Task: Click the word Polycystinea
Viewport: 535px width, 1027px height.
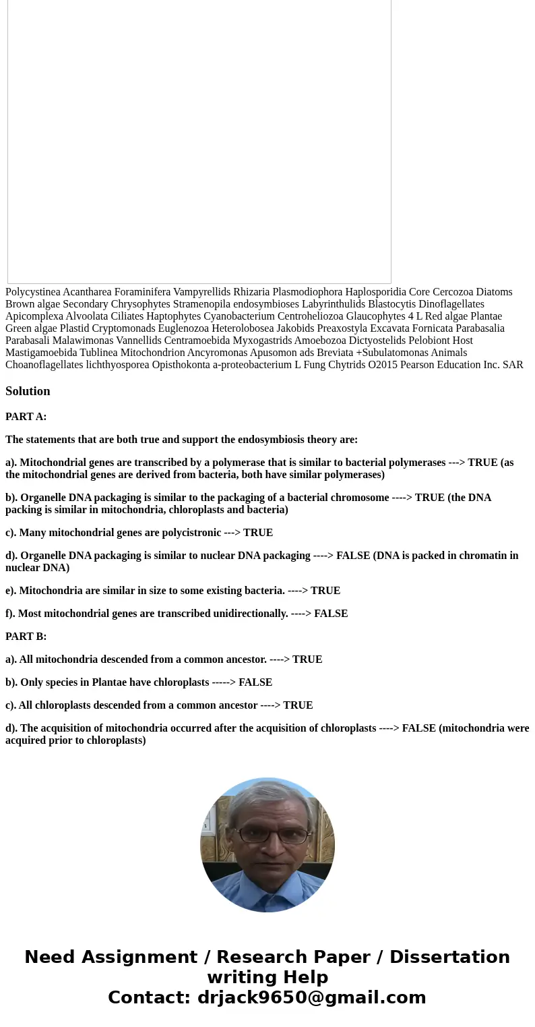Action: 32,292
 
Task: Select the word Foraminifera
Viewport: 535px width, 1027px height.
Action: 142,292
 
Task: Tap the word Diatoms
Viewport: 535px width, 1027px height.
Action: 494,292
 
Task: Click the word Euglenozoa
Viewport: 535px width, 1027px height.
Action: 183,328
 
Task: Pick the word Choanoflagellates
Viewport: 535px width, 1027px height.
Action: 44,365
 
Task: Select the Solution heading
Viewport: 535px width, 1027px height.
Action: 28,391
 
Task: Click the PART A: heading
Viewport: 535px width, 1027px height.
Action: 26,417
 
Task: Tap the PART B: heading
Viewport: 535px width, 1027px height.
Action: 26,637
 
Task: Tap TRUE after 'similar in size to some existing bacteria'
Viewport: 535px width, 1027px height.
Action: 325,591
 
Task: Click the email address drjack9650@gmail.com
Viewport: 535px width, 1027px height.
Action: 311,997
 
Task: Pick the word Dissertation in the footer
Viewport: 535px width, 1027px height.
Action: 449,957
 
